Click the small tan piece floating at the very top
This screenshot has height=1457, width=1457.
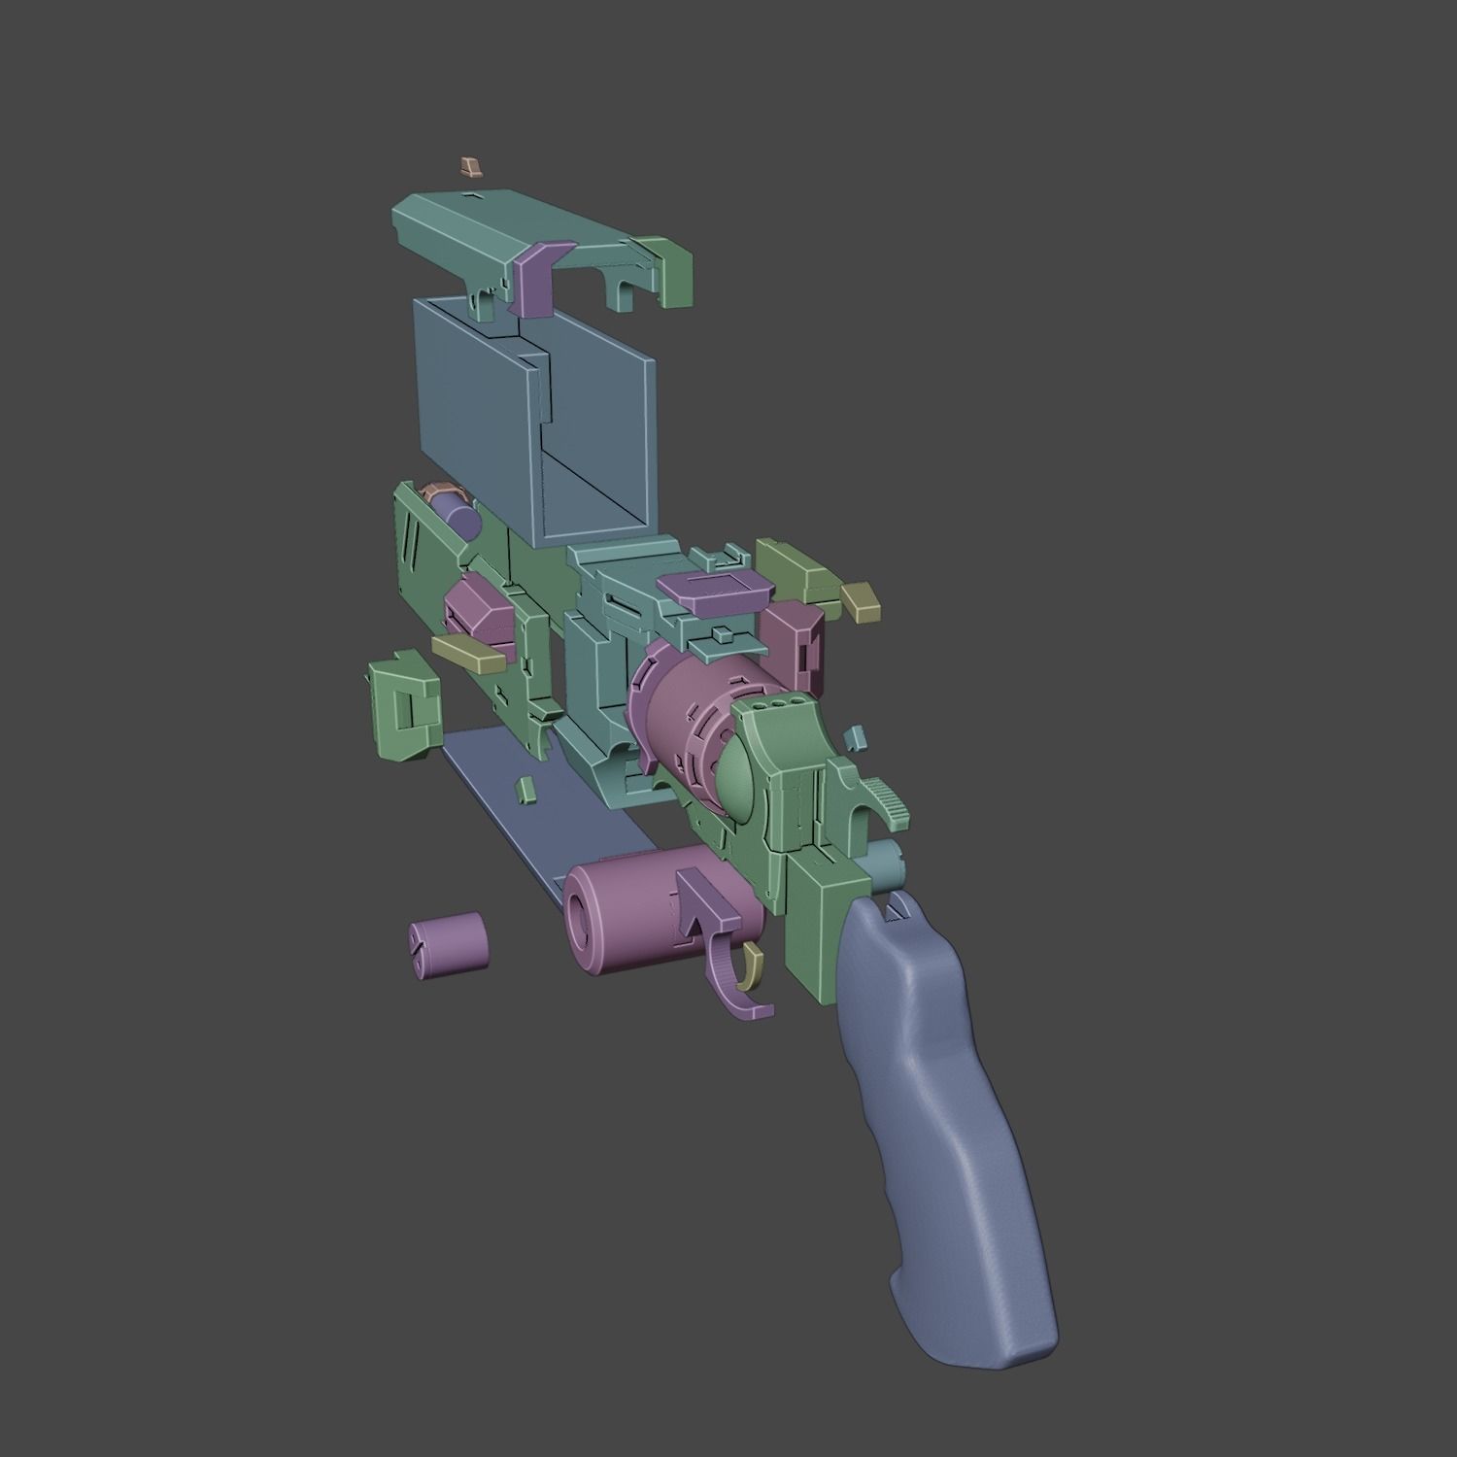470,166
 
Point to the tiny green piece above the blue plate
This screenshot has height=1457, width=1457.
525,788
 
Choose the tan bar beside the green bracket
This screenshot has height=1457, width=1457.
468,651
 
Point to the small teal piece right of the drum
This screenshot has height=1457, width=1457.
854,739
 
